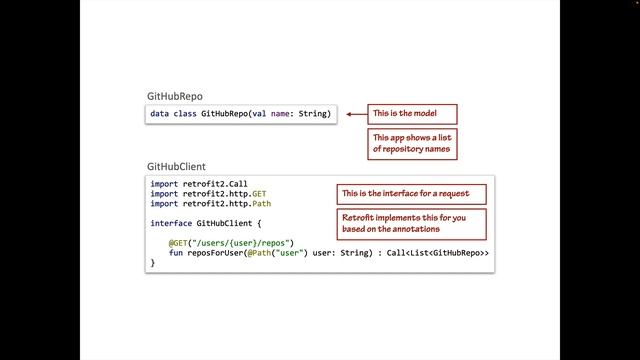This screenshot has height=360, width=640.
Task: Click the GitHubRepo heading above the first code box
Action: coord(175,96)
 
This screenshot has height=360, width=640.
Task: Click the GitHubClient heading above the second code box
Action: coord(176,167)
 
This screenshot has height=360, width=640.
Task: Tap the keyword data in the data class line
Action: coord(159,114)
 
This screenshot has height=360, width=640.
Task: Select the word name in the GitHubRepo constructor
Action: coord(280,114)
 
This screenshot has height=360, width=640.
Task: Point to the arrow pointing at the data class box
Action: coord(357,114)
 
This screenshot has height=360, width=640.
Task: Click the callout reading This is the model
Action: coord(412,114)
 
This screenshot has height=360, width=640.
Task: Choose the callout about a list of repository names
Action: coord(412,144)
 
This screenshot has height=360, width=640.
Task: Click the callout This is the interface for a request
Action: coord(411,194)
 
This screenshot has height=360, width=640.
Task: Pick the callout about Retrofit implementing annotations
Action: coord(411,224)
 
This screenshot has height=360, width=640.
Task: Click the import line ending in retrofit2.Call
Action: coord(199,184)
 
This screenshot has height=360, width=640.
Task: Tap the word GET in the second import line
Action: coord(259,194)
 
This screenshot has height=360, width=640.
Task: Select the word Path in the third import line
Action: coord(261,204)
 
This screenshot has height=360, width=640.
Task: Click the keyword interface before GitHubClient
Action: coord(171,223)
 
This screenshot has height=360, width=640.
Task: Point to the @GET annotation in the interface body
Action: coord(178,243)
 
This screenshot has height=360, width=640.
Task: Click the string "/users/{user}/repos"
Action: coord(241,243)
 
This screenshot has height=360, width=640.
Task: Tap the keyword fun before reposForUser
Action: coord(176,253)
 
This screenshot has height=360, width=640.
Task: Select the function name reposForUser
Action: coord(215,253)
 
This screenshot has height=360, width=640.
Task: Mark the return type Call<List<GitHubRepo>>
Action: coord(438,253)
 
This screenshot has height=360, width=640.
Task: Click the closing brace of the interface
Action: coord(153,263)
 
